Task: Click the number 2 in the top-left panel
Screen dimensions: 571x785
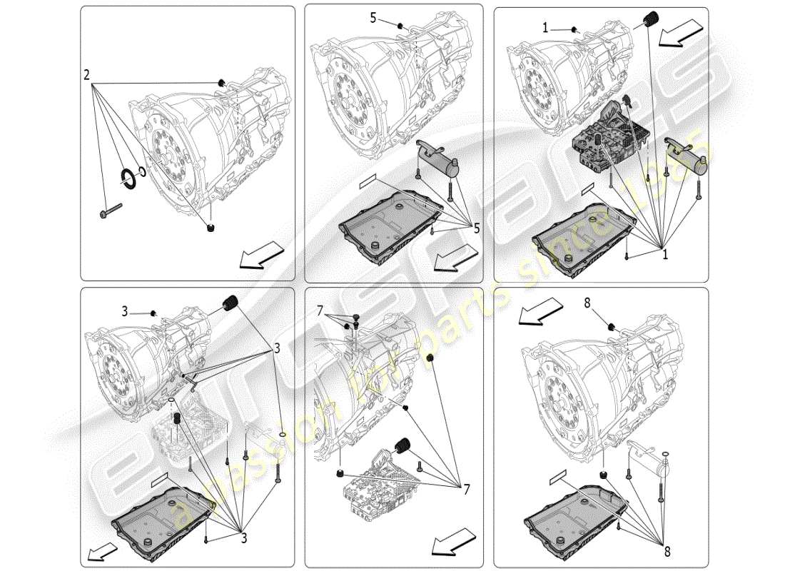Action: [86, 74]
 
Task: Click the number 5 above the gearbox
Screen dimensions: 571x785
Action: [373, 18]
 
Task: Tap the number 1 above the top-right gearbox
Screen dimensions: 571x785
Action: [545, 28]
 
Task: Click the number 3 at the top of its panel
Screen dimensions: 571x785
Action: [123, 311]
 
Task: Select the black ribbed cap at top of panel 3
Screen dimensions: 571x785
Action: [231, 303]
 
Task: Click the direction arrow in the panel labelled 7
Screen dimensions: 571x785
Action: [452, 542]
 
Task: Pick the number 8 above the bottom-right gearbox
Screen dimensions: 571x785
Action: [587, 303]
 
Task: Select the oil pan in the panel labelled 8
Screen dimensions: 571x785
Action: [575, 514]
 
